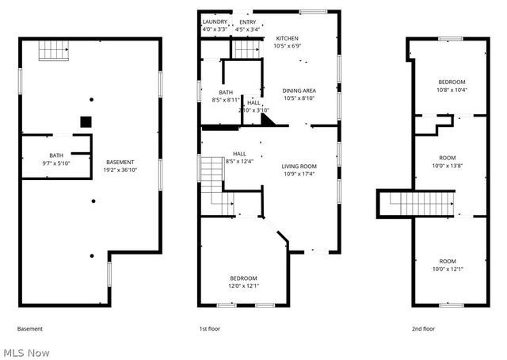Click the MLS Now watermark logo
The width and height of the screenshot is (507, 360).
click(26, 352)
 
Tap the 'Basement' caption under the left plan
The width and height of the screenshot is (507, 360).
click(30, 328)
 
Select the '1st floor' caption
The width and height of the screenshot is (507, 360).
click(209, 328)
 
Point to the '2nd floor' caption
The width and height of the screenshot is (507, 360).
click(423, 328)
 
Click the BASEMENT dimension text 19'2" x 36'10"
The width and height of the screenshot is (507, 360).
click(120, 169)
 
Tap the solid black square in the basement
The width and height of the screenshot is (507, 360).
click(86, 122)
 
